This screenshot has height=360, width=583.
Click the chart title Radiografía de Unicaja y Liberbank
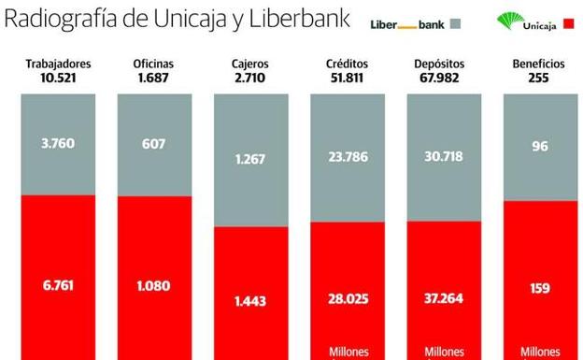coord(177,19)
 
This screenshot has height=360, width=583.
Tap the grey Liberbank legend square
coord(456,23)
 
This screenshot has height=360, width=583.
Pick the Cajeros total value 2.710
coord(250,78)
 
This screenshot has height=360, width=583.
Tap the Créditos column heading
coord(348,65)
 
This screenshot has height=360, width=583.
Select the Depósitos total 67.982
coord(444,78)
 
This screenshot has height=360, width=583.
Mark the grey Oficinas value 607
coord(155,143)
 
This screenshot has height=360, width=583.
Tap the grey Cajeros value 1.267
coord(251,160)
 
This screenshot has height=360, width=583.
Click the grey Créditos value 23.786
coord(348,156)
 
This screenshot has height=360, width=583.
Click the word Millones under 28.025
coord(348,352)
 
